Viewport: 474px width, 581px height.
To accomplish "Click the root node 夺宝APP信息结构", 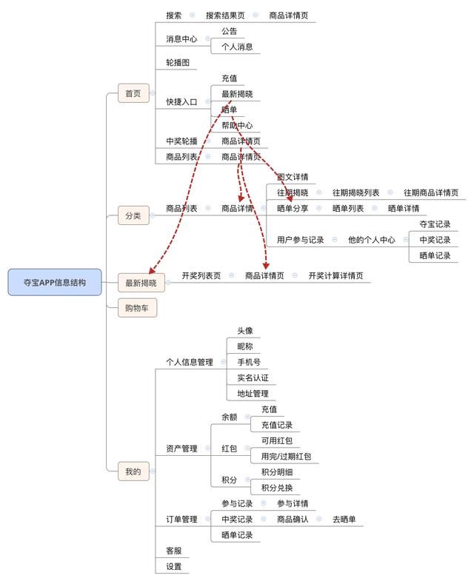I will (x=55, y=282).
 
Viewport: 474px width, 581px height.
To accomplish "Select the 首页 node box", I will (x=133, y=94).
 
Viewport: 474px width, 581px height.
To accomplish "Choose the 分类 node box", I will (x=133, y=216).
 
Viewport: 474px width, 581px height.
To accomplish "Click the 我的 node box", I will (x=133, y=470).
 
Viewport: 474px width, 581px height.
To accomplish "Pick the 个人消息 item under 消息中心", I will (x=236, y=47).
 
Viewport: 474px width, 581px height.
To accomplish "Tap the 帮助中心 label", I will (x=236, y=125).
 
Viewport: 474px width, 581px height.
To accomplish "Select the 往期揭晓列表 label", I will (x=355, y=192).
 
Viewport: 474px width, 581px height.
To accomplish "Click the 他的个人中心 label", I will (x=371, y=240).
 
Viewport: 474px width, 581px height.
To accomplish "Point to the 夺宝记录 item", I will (x=435, y=224).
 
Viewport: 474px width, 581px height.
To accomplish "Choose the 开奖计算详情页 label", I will (x=336, y=275).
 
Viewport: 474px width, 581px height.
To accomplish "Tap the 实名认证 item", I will (x=253, y=377).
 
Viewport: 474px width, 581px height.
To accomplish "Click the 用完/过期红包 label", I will (x=286, y=457).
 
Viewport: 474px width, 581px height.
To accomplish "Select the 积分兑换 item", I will (x=276, y=487).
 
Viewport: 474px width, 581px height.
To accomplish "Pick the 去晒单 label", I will (x=343, y=520).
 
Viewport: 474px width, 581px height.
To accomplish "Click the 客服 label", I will (x=174, y=551).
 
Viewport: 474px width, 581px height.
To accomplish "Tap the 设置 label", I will (x=174, y=566).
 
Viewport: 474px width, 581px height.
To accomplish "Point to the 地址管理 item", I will (x=253, y=393).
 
